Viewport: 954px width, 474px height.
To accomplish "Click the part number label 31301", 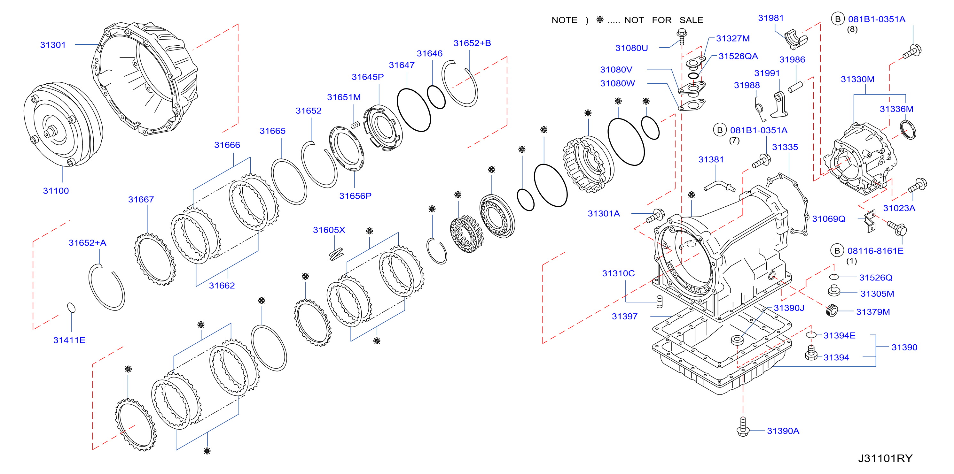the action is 53,45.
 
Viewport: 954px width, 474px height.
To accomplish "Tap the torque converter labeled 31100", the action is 63,125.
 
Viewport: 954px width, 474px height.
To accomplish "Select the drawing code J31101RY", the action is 885,458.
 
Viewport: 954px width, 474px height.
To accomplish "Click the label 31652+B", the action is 472,43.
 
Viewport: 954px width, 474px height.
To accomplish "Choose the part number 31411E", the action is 69,340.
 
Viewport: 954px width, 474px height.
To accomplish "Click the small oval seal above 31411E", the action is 71,308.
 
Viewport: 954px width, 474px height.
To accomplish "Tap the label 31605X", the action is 329,230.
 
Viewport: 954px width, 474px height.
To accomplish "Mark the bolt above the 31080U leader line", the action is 682,36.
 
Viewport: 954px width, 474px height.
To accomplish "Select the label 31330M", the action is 857,79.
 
